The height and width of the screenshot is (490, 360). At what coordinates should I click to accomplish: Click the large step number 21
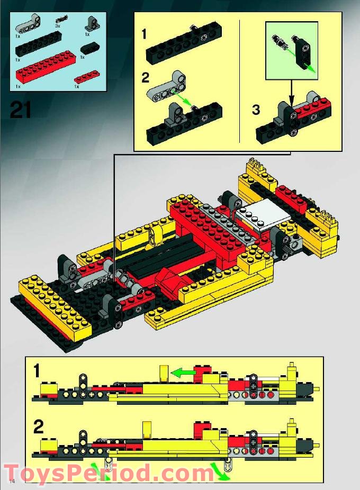pyautogui.click(x=20, y=110)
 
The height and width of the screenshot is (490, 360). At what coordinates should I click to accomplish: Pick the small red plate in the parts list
pyautogui.click(x=87, y=77)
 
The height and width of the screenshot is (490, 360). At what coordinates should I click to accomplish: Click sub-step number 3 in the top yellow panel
pyautogui.click(x=256, y=110)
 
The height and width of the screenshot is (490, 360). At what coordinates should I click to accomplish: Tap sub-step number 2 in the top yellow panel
pyautogui.click(x=146, y=78)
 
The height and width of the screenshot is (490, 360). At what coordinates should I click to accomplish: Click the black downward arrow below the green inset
pyautogui.click(x=291, y=93)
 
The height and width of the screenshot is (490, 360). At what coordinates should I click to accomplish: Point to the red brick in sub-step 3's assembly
pyautogui.click(x=316, y=109)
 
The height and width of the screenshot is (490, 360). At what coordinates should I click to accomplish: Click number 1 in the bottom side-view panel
pyautogui.click(x=37, y=371)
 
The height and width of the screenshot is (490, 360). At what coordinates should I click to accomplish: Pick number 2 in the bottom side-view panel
pyautogui.click(x=38, y=427)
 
